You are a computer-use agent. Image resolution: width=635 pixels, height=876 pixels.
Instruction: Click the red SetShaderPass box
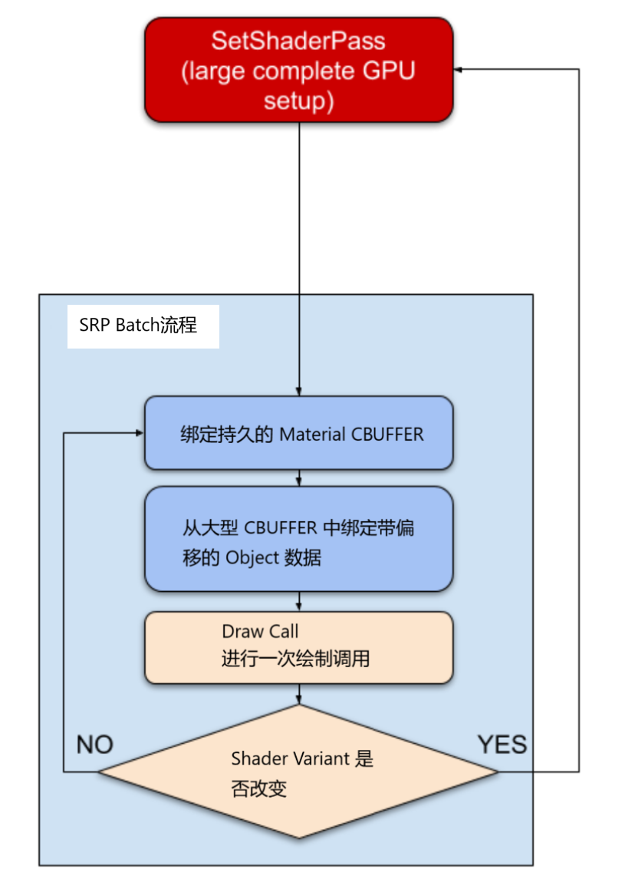click(x=298, y=70)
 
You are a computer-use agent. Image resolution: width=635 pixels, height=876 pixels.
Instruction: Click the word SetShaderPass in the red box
click(x=298, y=40)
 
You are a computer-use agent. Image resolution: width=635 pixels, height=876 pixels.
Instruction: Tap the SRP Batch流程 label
click(x=139, y=326)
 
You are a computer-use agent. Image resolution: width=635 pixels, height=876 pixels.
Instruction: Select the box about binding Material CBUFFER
click(x=298, y=433)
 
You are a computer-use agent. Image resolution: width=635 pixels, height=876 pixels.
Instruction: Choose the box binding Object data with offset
click(x=298, y=539)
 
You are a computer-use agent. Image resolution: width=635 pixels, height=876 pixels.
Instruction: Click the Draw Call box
click(x=298, y=647)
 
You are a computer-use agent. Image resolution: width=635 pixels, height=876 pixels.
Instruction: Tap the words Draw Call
click(x=260, y=632)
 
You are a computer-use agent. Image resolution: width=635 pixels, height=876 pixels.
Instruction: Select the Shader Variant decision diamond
click(x=298, y=772)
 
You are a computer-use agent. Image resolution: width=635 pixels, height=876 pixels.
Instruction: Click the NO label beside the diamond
click(x=95, y=745)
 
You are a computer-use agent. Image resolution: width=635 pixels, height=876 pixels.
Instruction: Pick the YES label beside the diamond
click(x=502, y=744)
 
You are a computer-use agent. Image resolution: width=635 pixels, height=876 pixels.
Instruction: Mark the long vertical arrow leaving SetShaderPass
click(x=298, y=253)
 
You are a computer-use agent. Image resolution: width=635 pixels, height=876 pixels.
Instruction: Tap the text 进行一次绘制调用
click(x=295, y=659)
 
